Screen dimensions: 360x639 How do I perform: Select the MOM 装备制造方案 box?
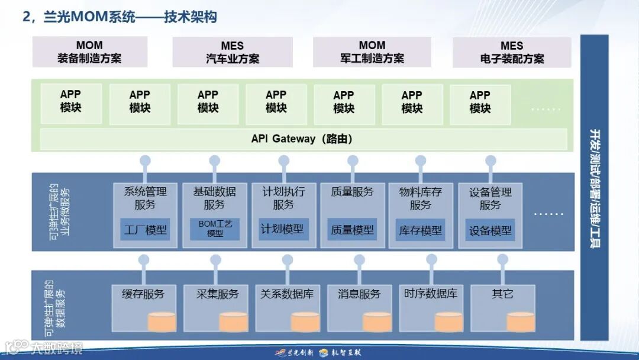pos(89,52)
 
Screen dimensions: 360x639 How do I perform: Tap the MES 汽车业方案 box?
pos(233,52)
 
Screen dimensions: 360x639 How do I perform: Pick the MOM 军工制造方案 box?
pos(372,52)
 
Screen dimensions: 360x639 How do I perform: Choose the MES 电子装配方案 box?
pos(512,52)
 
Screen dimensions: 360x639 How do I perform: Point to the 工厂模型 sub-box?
pos(145,230)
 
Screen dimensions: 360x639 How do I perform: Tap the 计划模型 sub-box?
pos(283,229)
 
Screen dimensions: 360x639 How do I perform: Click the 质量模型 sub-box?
pos(352,230)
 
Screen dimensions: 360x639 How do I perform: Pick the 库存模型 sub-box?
pos(421,230)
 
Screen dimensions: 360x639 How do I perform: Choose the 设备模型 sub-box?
pos(490,230)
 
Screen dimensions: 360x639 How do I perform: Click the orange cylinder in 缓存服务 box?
pos(162,322)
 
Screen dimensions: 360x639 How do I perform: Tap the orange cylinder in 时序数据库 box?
pos(448,322)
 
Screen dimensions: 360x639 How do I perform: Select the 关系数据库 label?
pos(287,294)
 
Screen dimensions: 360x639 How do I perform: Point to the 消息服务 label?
pos(359,294)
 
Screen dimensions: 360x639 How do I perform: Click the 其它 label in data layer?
pos(502,294)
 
